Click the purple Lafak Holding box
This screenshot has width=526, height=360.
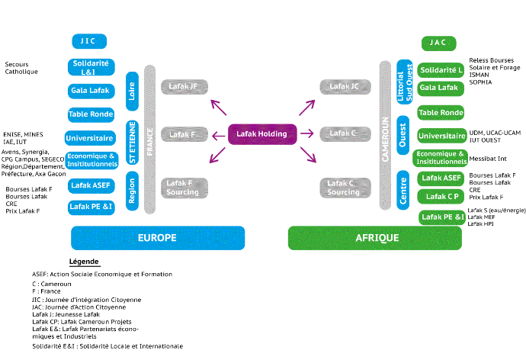coord(262,134)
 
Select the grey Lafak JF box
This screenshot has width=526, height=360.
coord(184,87)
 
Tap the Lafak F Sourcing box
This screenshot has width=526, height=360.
coord(184,188)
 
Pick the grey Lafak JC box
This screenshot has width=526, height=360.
coord(345,87)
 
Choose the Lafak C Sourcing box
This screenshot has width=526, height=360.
coord(345,188)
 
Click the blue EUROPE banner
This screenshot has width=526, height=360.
coord(158,238)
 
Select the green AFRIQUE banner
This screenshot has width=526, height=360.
coord(374,238)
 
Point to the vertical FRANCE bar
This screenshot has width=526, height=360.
coord(150,140)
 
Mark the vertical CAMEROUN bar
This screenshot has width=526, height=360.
coord(385,135)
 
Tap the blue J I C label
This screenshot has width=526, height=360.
coord(89,42)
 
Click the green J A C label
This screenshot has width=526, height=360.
coord(438,43)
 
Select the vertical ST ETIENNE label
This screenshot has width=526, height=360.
coord(132,142)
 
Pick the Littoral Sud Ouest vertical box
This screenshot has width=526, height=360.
coord(404,81)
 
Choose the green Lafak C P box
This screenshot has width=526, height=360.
coord(441,197)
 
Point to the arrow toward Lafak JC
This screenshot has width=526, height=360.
coord(306,108)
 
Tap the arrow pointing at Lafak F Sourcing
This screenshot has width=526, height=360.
coord(217,156)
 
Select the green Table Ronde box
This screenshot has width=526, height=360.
coord(441,113)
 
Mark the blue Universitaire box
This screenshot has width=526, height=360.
coord(90,138)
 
